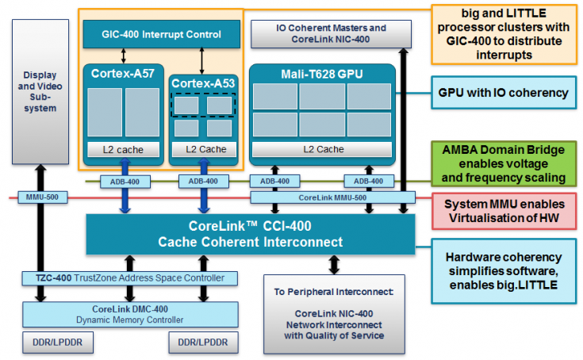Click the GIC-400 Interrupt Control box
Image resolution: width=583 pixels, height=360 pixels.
tap(161, 34)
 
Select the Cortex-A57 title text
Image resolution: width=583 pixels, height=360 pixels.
tap(123, 74)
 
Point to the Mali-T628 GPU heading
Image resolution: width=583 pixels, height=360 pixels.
tap(312, 74)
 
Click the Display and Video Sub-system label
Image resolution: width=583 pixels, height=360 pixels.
tap(40, 90)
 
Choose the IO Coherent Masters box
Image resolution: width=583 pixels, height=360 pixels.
tap(331, 33)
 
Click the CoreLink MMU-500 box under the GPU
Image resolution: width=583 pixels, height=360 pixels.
tap(332, 197)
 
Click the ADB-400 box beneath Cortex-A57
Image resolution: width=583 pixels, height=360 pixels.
tap(122, 182)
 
